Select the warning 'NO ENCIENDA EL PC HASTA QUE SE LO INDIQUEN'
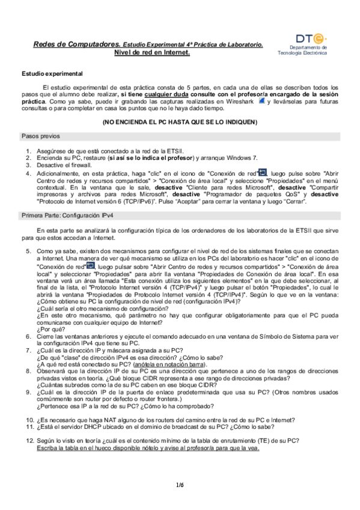(x=180, y=122)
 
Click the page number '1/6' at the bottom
(x=180, y=484)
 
